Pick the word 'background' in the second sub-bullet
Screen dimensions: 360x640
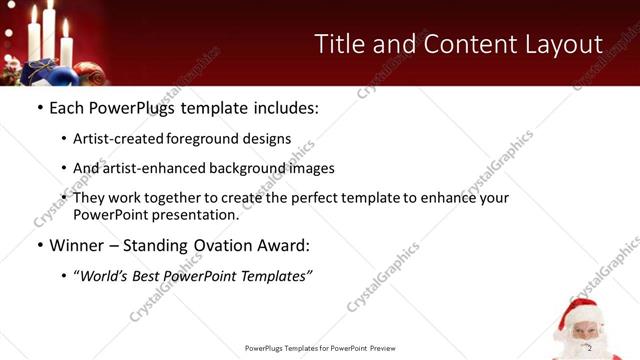(241, 168)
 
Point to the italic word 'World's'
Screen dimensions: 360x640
(106, 275)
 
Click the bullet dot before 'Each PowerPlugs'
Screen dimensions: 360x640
(39, 106)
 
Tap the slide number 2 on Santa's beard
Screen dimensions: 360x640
(590, 347)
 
